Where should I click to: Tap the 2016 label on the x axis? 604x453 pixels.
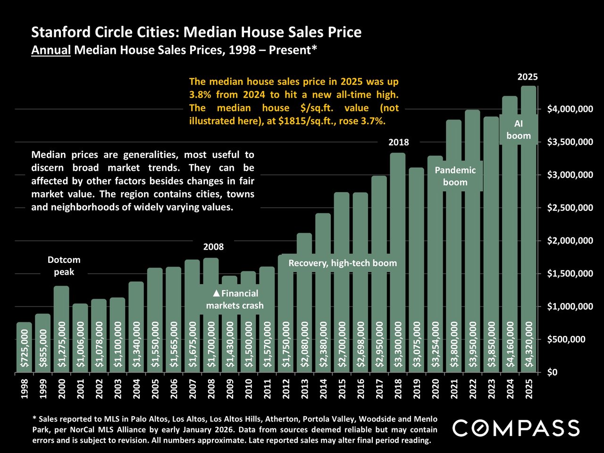pyautogui.click(x=361, y=389)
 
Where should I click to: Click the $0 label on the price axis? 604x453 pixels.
pyautogui.click(x=553, y=373)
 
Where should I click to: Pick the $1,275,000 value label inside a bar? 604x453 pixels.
pyautogui.click(x=62, y=344)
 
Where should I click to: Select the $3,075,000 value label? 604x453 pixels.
pyautogui.click(x=417, y=344)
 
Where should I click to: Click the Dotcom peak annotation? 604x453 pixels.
pyautogui.click(x=64, y=266)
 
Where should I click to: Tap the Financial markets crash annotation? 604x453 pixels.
pyautogui.click(x=235, y=300)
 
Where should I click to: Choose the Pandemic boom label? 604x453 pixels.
pyautogui.click(x=455, y=176)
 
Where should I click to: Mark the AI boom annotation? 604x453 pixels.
pyautogui.click(x=519, y=130)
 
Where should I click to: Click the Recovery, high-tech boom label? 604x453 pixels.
pyautogui.click(x=343, y=263)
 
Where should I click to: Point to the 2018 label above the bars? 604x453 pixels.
pyautogui.click(x=399, y=143)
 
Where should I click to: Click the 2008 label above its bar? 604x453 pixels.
pyautogui.click(x=213, y=247)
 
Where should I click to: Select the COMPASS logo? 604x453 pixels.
pyautogui.click(x=516, y=428)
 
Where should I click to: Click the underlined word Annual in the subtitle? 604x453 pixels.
pyautogui.click(x=50, y=50)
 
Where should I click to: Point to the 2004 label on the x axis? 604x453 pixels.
pyautogui.click(x=137, y=389)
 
